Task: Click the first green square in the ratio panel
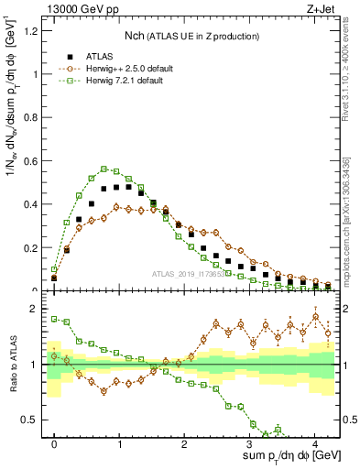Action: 54,319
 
